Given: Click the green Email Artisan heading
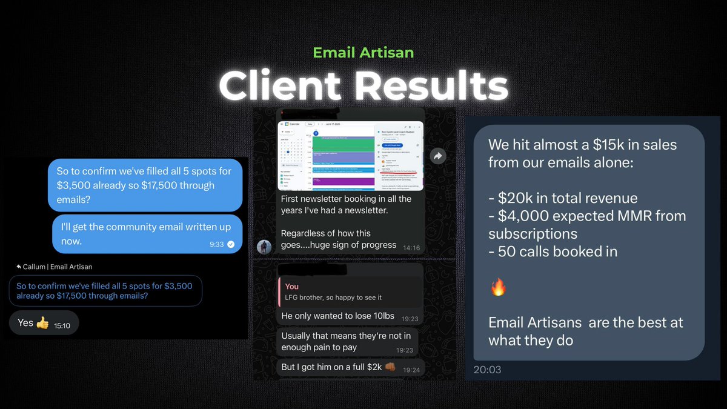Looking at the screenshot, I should coord(363,53).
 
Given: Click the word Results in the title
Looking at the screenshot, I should coord(431,86).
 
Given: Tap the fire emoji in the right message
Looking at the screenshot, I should coord(498,287).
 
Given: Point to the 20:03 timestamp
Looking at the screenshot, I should coord(487,369).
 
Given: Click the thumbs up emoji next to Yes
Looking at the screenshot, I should coord(42,323).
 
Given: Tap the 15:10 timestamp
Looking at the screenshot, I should coord(62,325).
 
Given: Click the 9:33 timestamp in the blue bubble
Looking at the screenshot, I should coord(217,244).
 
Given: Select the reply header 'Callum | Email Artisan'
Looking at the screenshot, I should coord(55,267).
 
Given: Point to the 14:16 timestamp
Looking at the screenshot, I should coord(411,247).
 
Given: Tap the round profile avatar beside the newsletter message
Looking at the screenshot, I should coord(264,247).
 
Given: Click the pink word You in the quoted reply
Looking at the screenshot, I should coord(291,286).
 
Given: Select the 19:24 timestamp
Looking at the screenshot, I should coord(411,370).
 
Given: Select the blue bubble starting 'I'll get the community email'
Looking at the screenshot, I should coord(147,234).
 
